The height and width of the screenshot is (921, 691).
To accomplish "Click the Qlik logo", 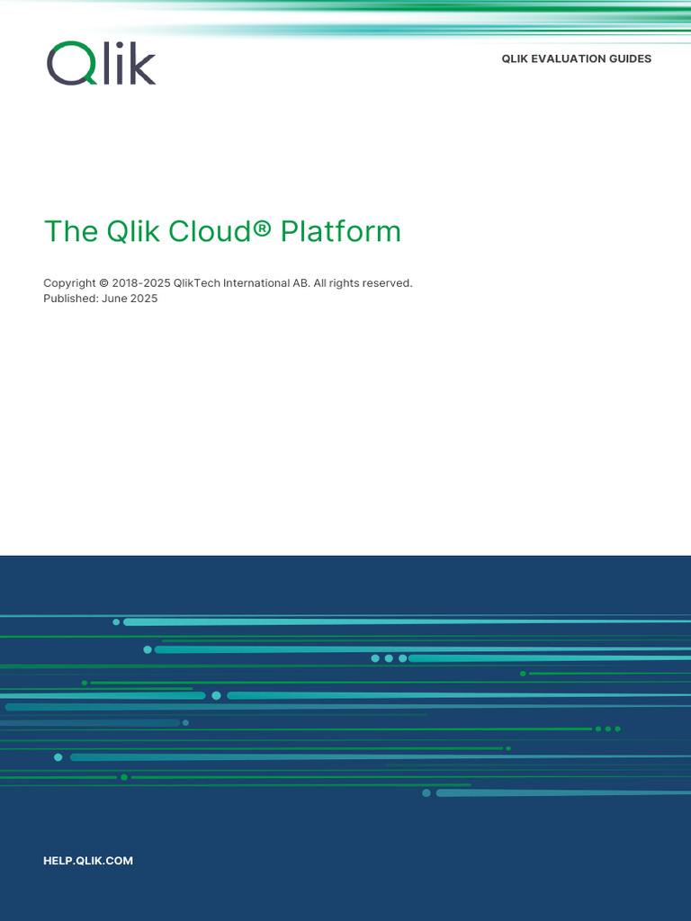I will [101, 63].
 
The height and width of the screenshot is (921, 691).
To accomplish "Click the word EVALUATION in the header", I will [573, 59].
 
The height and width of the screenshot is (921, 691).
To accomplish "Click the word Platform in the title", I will [340, 231].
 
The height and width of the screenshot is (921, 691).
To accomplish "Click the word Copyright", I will [69, 283].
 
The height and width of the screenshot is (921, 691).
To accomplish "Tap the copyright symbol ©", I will [104, 283].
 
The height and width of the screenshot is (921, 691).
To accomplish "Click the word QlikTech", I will [197, 283].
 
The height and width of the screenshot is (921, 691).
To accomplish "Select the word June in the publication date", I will [114, 299].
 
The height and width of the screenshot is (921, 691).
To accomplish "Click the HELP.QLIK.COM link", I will [88, 861].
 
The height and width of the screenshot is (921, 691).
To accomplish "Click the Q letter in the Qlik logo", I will [68, 64].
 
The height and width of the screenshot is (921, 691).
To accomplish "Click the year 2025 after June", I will [144, 299].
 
